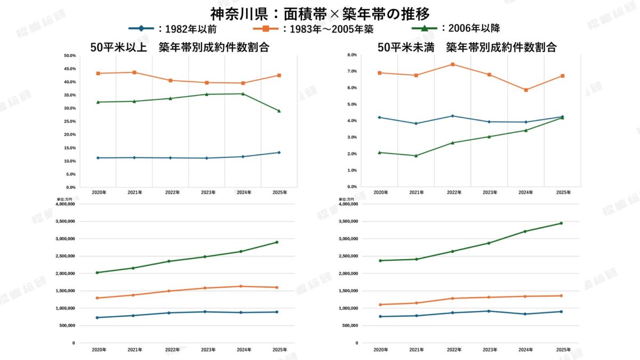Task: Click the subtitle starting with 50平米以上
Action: [179, 47]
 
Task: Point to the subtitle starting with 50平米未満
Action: [467, 47]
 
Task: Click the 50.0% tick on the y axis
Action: [69, 55]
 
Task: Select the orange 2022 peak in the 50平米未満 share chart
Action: [453, 65]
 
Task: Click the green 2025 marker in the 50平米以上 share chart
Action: [279, 111]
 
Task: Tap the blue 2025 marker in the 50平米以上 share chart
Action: [279, 153]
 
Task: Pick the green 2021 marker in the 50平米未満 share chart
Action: [416, 156]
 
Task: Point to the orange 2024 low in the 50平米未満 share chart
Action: [526, 90]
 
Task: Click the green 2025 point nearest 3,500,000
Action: [561, 223]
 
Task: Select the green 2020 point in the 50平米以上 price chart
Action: [97, 273]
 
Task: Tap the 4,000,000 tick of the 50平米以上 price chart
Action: [65, 204]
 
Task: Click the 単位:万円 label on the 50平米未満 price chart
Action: [346, 199]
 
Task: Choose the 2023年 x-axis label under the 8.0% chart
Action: [489, 192]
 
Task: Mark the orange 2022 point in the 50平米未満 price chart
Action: [452, 298]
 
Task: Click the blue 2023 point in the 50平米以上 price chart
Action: [206, 311]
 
